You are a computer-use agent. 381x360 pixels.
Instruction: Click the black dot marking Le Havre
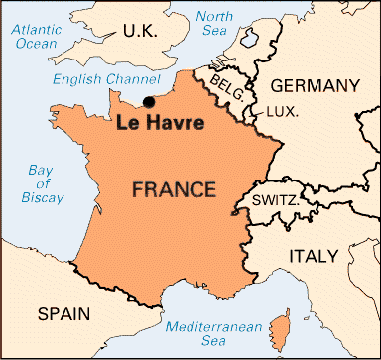[x=149, y=101]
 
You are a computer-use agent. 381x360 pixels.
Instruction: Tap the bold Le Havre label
[x=161, y=124]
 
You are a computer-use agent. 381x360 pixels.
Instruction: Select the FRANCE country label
[x=175, y=188]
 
